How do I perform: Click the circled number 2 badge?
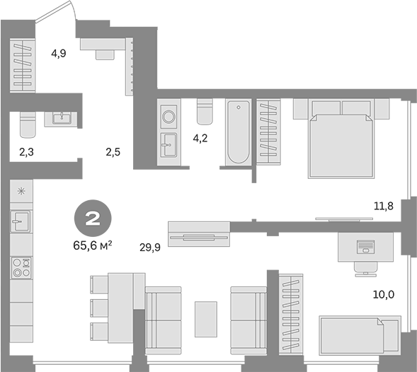coord(93,219)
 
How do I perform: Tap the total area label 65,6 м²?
coord(92,246)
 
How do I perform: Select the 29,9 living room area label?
coord(150,248)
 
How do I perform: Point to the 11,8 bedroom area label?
coord(384,206)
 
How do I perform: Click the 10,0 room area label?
coord(384,294)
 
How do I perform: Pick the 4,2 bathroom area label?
coord(200,139)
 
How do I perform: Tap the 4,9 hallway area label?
coord(59,54)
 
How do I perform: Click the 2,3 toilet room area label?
coord(27,152)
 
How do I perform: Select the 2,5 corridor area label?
coord(113,152)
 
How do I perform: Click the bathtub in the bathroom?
coord(239,132)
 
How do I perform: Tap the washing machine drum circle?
coord(169,117)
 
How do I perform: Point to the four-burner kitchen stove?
coord(21,268)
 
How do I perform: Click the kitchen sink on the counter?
coord(21,221)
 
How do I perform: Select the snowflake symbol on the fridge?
coord(21,191)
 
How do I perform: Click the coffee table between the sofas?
coord(206,319)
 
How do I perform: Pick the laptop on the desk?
coord(366,247)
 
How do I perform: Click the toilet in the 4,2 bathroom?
coord(205,112)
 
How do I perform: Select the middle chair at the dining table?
coord(99,308)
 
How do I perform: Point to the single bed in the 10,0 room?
coord(360,336)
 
